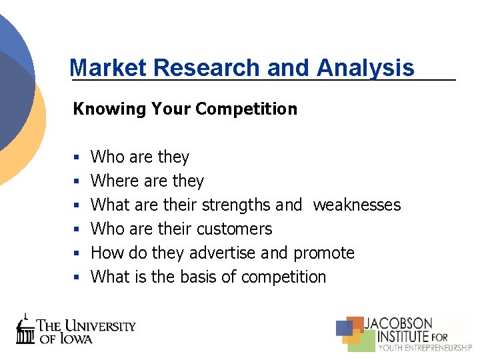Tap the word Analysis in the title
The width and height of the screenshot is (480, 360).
pos(365,67)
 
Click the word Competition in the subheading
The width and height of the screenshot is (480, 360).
pos(256,109)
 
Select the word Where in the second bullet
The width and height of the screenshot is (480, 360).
pos(112,181)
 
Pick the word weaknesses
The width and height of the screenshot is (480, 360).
pos(357,205)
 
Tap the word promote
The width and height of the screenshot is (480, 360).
pos(324,253)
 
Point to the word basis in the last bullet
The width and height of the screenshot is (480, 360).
pos(198,277)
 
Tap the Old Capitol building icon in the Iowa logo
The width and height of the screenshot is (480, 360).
pos(25,329)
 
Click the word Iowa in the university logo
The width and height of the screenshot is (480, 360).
pos(75,338)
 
